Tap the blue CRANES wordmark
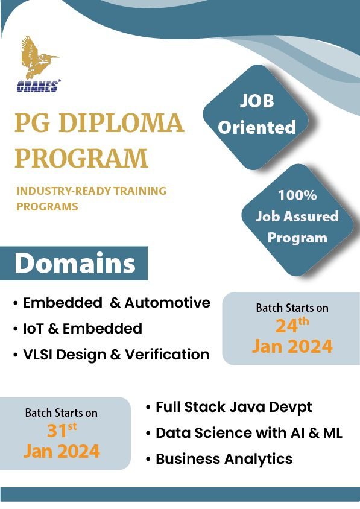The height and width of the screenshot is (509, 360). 37,86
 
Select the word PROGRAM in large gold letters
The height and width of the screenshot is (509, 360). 81,157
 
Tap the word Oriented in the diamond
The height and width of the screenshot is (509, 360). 257,127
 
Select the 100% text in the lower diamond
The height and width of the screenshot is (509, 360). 297,196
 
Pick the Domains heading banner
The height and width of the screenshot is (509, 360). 74,264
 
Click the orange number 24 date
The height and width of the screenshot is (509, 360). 286,326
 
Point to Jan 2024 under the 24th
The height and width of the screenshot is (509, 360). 292,346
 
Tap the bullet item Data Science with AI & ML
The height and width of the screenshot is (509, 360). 248,433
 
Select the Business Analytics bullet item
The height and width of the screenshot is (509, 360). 224,459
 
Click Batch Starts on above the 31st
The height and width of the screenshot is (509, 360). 61,413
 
